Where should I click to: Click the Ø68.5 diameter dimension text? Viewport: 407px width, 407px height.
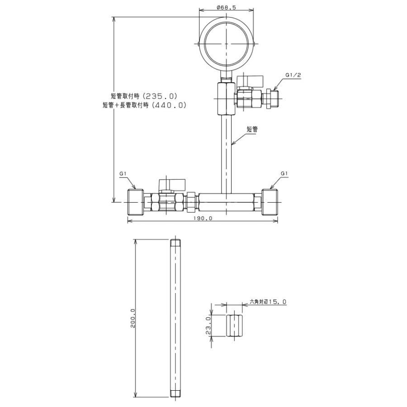(x=226, y=8)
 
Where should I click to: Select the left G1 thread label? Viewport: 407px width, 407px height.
(x=123, y=173)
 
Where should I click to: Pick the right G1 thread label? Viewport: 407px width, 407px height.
(x=284, y=173)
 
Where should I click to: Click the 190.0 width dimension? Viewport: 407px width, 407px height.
(x=203, y=218)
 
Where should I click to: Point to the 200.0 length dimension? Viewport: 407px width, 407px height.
(x=133, y=318)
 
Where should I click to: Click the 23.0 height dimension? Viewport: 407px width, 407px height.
(x=208, y=326)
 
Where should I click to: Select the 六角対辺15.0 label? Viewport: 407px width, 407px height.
(x=268, y=302)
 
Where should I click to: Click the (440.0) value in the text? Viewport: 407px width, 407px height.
(x=169, y=105)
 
